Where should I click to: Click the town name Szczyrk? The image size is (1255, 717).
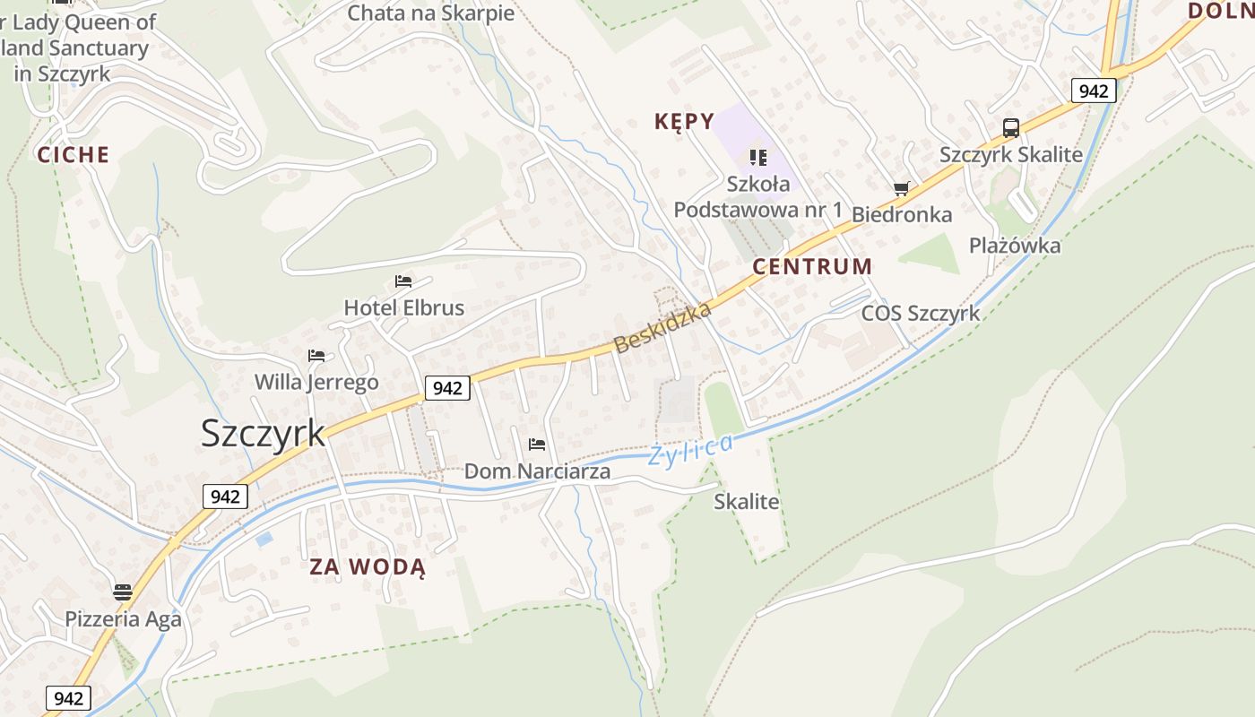pos(263,433)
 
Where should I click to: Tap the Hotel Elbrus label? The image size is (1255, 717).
pos(404,308)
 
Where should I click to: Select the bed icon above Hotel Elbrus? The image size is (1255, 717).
pos(403,281)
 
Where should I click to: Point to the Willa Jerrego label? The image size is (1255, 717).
pos(316,383)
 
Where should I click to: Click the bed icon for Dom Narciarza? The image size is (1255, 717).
pos(537,445)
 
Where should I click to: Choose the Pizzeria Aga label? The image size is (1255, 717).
pos(123,619)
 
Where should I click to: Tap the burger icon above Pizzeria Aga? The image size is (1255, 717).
pos(123,592)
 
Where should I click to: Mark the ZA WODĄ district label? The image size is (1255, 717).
pos(368,567)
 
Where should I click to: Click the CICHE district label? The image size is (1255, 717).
pos(74,155)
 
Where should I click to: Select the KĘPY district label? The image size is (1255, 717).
pos(685,122)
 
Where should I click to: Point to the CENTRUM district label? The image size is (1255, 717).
pos(812,266)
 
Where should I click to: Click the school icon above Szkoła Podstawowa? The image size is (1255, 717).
pos(758,158)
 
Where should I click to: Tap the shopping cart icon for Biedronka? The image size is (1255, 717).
pos(901,189)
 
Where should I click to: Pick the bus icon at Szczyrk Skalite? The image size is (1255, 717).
pos(1011,128)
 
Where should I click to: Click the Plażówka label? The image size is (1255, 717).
pos(1015,246)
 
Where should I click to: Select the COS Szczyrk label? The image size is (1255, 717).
pos(921,314)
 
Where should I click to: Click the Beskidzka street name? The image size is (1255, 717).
pos(663,327)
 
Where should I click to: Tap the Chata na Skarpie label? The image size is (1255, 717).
pos(431,13)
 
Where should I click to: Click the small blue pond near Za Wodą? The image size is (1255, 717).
pos(264,540)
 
